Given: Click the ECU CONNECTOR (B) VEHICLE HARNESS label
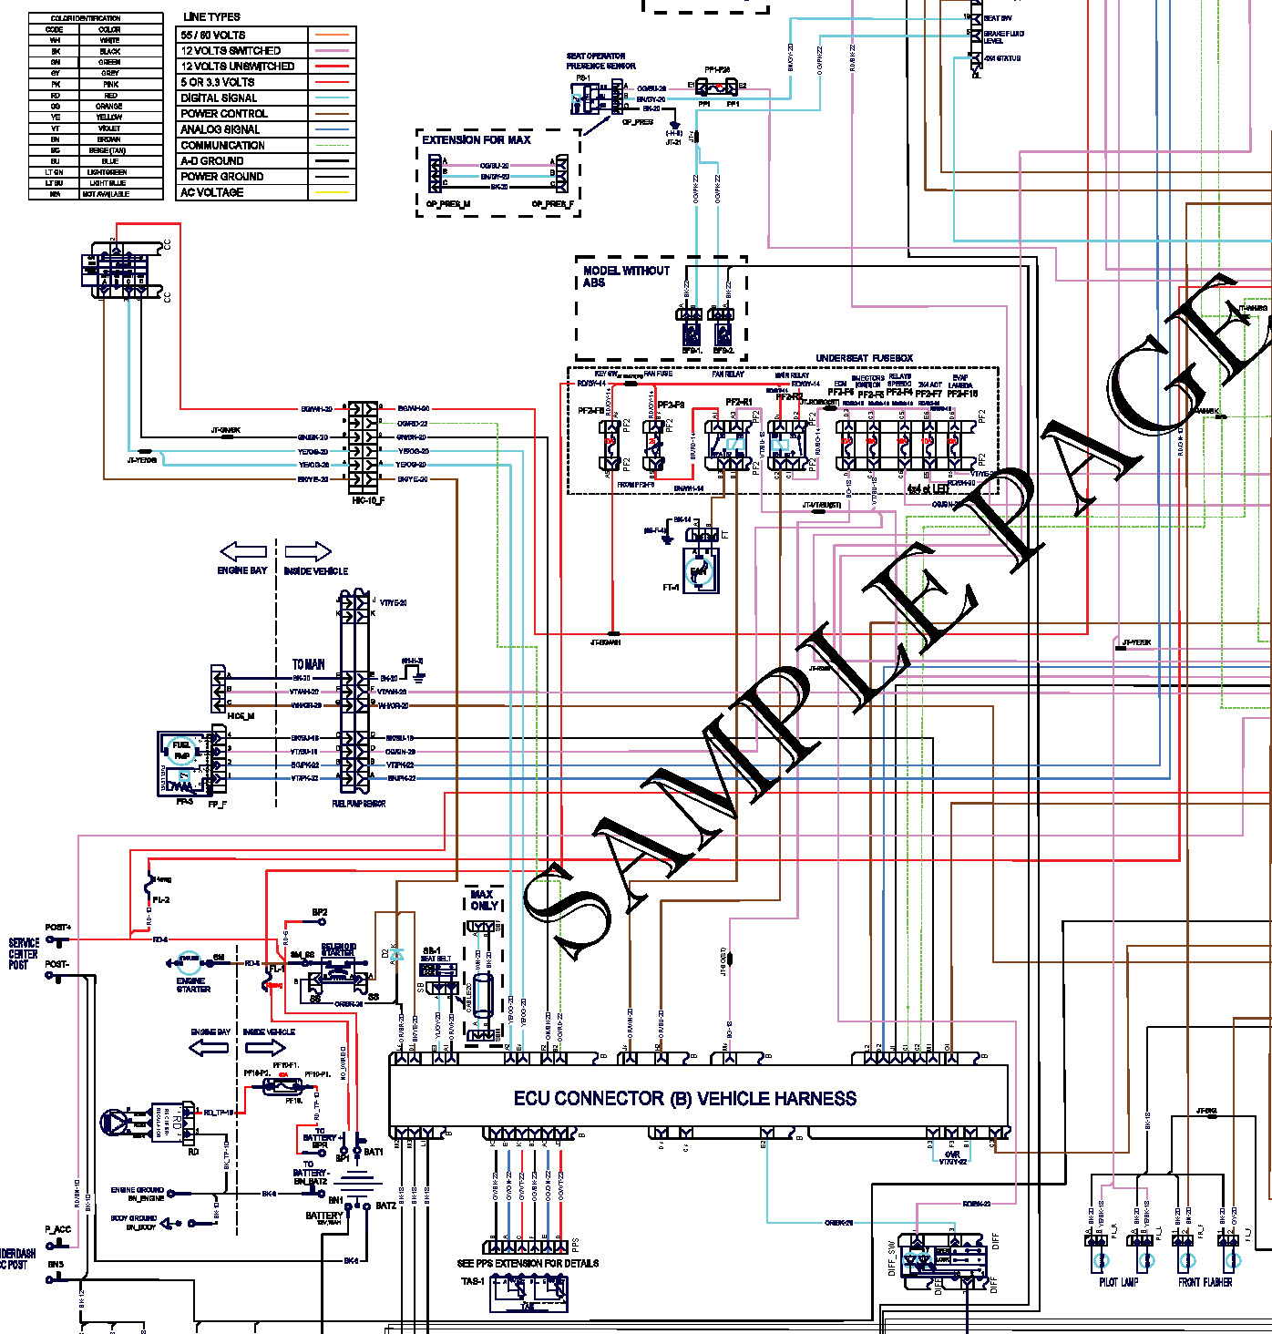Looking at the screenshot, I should click(684, 1099).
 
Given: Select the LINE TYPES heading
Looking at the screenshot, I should click(211, 16).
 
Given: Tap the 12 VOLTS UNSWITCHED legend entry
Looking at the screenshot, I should click(237, 67).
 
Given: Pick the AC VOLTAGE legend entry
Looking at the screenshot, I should click(211, 192).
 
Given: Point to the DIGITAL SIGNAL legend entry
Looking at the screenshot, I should click(219, 97).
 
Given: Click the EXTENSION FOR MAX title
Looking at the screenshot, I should click(476, 140).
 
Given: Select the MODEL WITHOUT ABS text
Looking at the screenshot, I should click(626, 276).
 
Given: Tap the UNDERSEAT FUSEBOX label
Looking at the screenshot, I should click(864, 358).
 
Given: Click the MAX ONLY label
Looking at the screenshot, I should click(483, 899).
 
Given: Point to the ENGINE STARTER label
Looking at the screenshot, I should click(193, 985).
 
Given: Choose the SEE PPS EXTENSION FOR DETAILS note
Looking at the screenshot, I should click(528, 1263).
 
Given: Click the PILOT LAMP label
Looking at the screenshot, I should click(1118, 1282).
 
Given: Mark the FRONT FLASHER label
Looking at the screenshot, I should click(1205, 1282).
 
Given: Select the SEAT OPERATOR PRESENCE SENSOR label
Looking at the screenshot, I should click(600, 61).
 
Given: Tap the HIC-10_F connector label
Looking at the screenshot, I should click(367, 500).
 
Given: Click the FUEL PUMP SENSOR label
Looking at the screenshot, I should click(358, 804).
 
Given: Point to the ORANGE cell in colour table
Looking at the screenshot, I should click(109, 107).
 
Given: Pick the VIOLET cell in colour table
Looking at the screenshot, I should click(109, 128).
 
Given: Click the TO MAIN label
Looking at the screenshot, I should click(308, 664).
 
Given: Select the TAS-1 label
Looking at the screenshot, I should click(472, 1281).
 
